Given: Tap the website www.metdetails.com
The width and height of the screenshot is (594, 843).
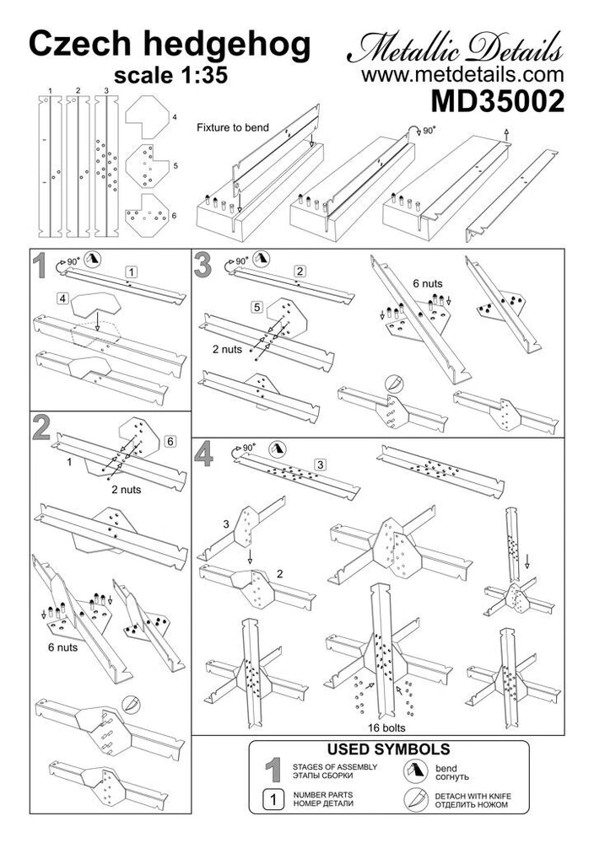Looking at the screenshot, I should click(462, 74).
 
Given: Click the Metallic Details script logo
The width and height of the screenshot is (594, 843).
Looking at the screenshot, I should click(455, 47).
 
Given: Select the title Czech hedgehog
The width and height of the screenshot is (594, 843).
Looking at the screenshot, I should click(170, 45).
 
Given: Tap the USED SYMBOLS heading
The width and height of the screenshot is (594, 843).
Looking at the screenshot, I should click(387, 749).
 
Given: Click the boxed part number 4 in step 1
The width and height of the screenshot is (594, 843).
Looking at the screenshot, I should click(63, 298).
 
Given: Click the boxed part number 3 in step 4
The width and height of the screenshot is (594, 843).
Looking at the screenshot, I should click(320, 465).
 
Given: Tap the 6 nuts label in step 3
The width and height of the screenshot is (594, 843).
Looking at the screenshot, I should click(427, 283).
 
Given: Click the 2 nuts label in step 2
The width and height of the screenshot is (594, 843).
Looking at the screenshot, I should click(127, 488).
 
